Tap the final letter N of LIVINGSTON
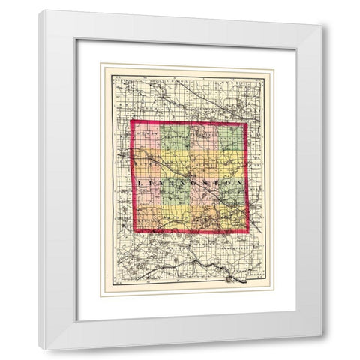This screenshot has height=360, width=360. [x=240, y=182]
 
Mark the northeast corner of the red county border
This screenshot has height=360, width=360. [x=247, y=122]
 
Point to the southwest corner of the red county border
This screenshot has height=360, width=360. [x=134, y=231]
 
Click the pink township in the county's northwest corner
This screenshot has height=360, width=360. [x=147, y=137]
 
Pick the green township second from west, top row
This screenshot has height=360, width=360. [x=174, y=136]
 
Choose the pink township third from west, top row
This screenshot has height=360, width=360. [x=203, y=136]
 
